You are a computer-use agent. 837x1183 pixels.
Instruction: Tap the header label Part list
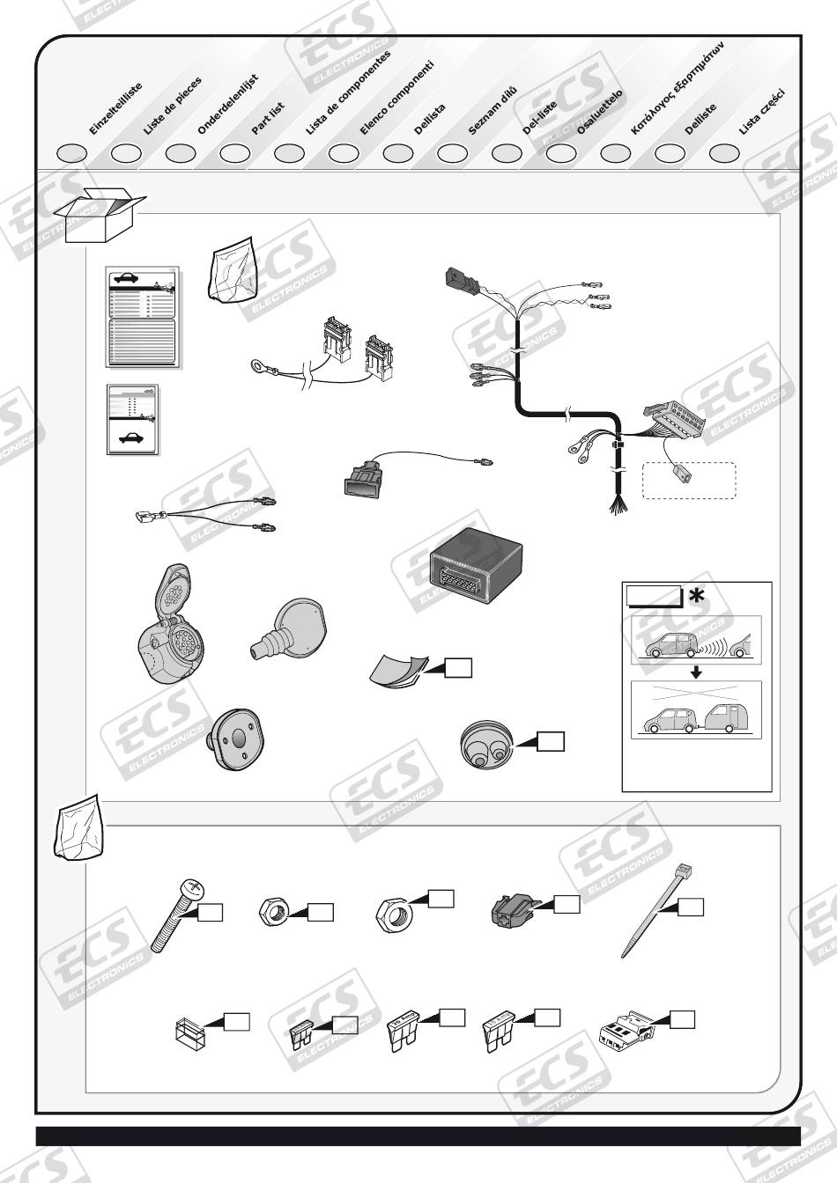tap(268, 118)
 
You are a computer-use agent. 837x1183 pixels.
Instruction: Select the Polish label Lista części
tap(761, 112)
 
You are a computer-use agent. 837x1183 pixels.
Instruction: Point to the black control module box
tap(475, 564)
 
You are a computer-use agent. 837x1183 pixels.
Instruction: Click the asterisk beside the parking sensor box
tap(696, 597)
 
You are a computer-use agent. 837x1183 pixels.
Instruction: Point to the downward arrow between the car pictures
tap(696, 673)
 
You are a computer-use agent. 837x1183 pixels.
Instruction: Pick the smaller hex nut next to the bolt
tap(273, 909)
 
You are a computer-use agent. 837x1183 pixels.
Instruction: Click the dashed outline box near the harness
tap(689, 481)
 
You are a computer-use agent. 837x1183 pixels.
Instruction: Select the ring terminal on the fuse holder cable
tap(260, 362)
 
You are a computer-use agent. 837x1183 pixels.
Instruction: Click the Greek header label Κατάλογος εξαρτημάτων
tap(677, 91)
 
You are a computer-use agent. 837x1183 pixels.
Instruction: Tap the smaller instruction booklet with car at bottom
tap(132, 419)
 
